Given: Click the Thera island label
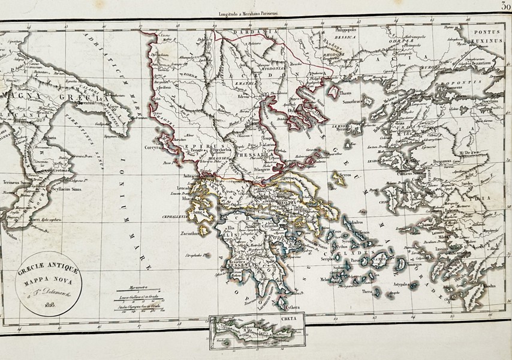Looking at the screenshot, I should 366,292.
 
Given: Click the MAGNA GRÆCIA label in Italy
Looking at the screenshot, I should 56,97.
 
